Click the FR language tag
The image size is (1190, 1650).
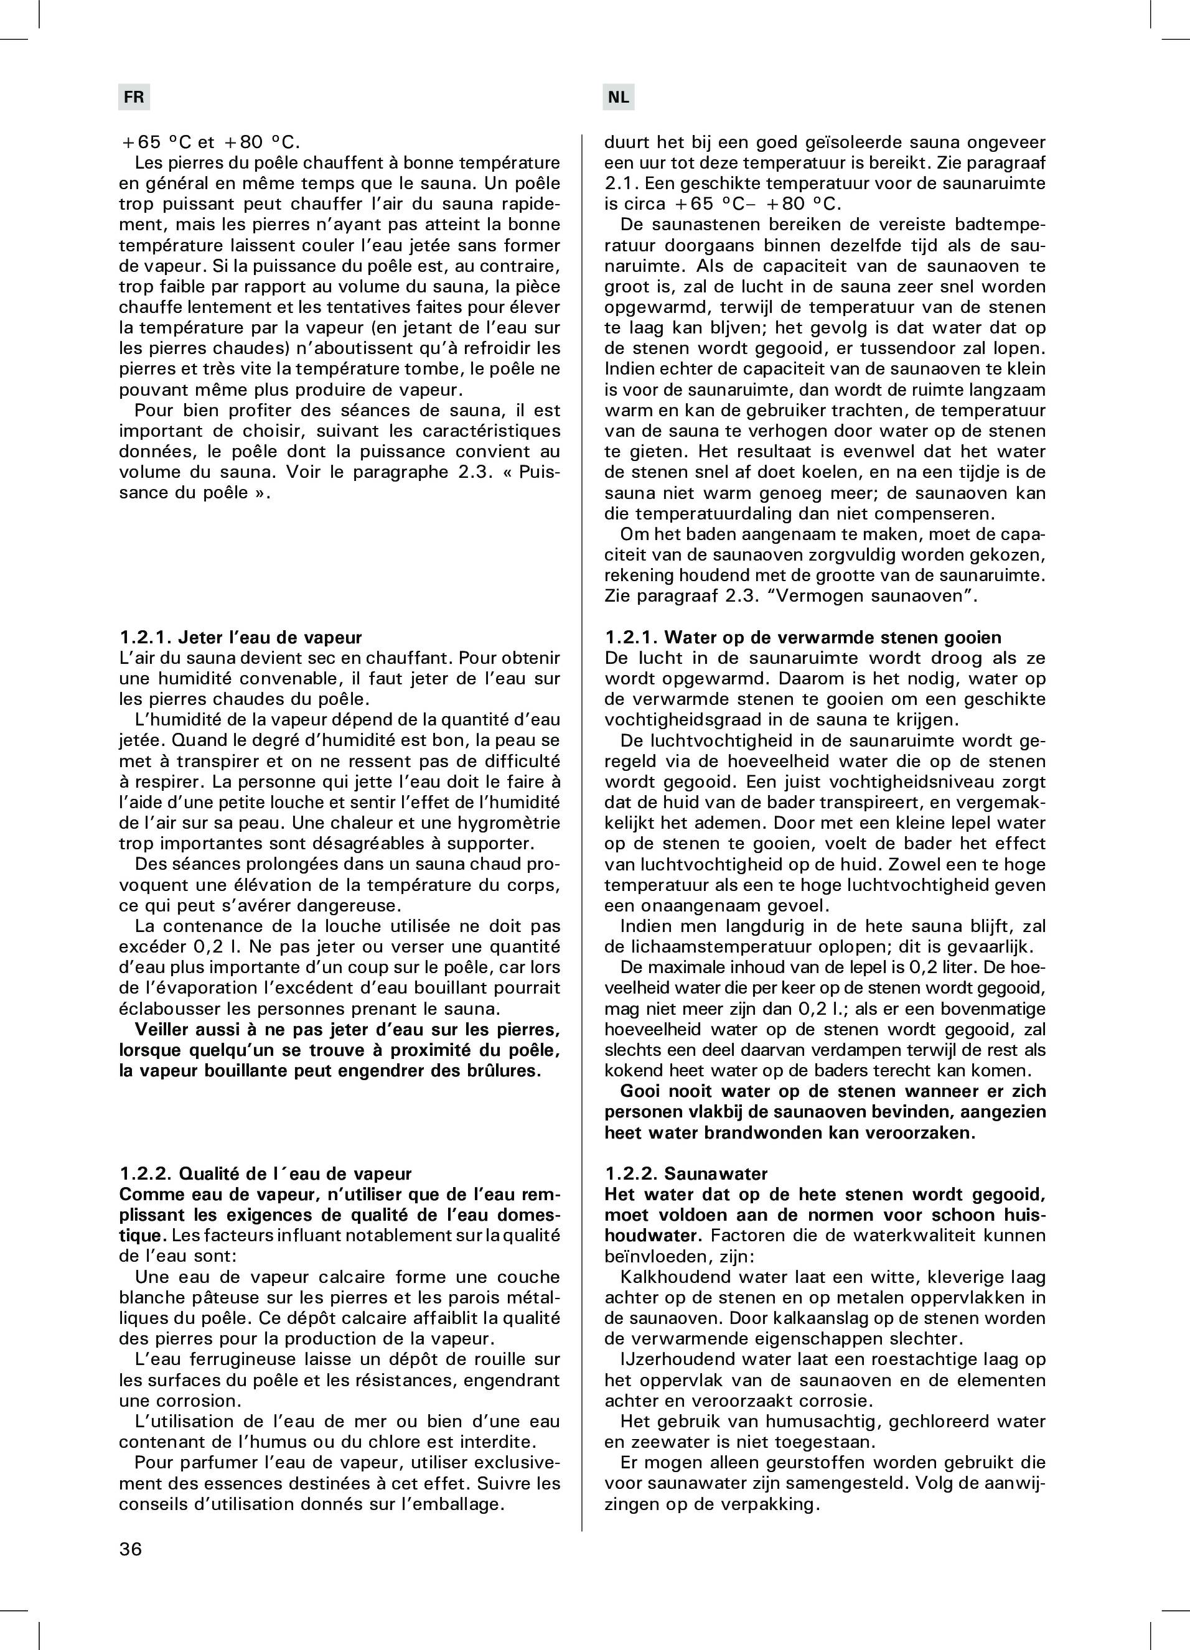point(134,97)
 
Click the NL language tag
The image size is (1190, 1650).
point(618,97)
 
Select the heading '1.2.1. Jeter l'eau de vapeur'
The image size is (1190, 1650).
point(240,637)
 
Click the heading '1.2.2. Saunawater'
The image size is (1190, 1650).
point(686,1173)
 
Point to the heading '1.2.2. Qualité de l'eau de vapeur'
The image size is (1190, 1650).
point(265,1173)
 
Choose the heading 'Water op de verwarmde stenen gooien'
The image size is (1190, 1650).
point(833,637)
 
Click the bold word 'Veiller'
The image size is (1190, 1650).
point(167,1030)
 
